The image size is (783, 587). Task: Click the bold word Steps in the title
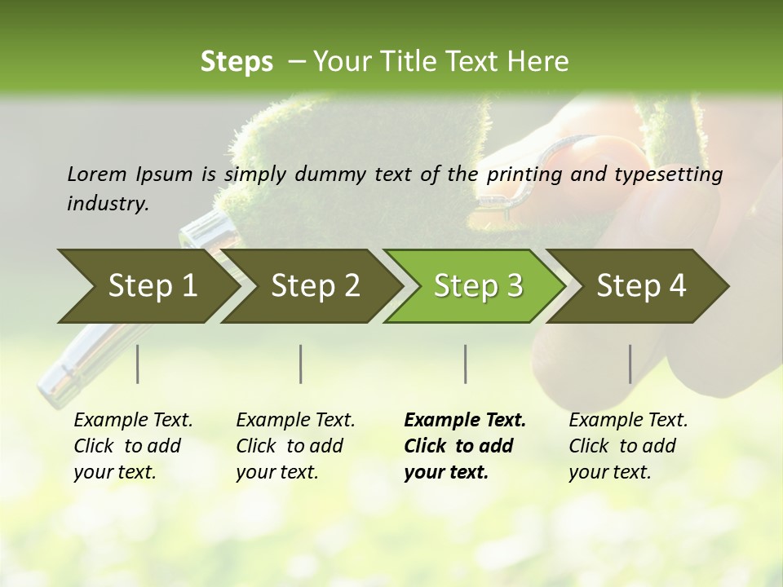point(237,62)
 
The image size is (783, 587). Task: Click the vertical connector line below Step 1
point(138,364)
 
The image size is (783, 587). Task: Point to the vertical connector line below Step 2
point(301,364)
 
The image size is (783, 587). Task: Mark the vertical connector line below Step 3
point(466,364)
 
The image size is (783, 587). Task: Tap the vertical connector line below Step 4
point(630,364)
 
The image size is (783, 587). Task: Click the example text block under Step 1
point(133,446)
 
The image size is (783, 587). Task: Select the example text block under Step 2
point(295,446)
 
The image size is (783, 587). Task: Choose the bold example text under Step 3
point(465,446)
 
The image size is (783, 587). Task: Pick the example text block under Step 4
point(628,446)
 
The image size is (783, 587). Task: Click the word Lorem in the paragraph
point(96,174)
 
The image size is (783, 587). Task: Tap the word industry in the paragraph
point(106,204)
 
